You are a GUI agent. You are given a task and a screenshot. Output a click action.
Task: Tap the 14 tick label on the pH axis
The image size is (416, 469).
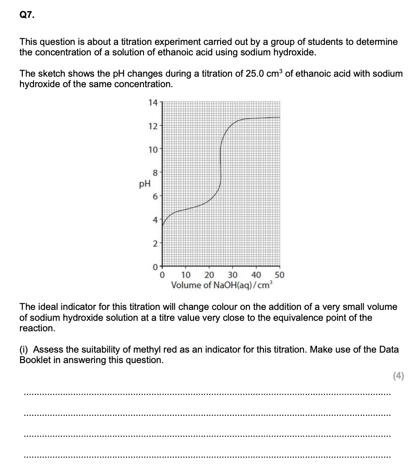(153, 103)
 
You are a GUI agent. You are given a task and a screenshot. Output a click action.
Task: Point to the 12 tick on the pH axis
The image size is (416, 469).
(153, 126)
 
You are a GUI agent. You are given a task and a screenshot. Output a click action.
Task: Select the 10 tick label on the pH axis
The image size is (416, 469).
(153, 150)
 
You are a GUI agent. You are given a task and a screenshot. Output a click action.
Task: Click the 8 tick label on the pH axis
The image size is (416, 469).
(154, 173)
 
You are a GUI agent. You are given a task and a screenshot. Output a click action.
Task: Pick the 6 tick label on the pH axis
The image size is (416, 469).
(154, 197)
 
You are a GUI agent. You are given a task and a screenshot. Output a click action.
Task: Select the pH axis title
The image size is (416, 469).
(144, 184)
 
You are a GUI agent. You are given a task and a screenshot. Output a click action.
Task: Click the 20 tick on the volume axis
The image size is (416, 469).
(209, 275)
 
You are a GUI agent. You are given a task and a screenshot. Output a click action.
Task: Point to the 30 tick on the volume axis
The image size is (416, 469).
(232, 275)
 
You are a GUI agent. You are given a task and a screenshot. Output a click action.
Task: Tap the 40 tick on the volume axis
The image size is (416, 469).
(256, 275)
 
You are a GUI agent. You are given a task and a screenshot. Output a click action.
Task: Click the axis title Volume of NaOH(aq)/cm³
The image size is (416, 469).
(222, 285)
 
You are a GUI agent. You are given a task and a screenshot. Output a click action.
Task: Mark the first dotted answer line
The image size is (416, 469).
(208, 394)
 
